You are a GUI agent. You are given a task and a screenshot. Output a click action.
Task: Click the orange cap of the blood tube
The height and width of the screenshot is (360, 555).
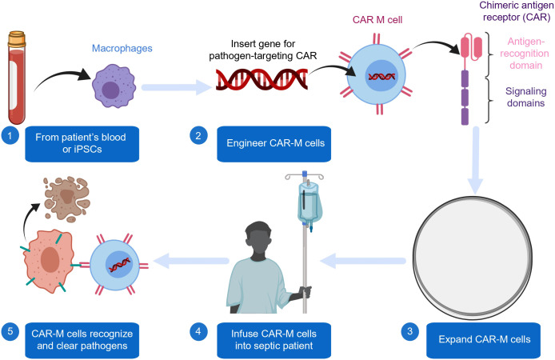(17, 38)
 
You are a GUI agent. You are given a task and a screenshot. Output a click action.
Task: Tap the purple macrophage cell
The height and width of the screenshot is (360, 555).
(114, 86)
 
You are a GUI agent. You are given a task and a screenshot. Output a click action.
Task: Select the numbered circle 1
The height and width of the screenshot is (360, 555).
(10, 135)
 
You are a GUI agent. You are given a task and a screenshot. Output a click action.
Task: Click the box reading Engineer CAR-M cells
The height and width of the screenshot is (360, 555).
(274, 144)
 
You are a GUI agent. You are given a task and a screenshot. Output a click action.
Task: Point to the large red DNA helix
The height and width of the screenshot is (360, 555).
(262, 78)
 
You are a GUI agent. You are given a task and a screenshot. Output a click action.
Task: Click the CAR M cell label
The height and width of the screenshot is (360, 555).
(377, 20)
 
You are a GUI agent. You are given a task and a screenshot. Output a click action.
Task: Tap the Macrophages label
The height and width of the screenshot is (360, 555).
(122, 48)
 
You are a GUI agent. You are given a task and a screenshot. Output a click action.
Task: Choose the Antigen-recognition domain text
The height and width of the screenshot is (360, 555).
(525, 54)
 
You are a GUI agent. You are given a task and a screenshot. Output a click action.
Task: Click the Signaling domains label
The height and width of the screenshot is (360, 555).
(525, 97)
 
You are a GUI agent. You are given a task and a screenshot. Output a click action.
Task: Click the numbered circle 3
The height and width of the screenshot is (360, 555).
(410, 331)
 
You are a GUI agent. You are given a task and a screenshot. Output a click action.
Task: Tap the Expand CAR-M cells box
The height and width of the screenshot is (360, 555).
(484, 340)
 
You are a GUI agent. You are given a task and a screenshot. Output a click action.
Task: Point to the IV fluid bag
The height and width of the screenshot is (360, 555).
(309, 203)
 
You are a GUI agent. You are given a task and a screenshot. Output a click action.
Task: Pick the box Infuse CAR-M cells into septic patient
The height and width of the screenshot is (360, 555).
(274, 340)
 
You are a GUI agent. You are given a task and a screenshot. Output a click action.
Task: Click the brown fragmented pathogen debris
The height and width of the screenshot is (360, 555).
(66, 198)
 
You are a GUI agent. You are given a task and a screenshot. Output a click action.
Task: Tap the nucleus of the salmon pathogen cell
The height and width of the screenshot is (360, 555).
(50, 259)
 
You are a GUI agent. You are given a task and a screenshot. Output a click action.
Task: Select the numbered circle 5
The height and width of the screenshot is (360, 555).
(10, 331)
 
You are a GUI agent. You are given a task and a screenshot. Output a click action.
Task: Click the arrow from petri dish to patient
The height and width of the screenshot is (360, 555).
(363, 262)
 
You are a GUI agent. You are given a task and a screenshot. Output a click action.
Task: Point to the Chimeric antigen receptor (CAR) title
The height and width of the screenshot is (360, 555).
(517, 11)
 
